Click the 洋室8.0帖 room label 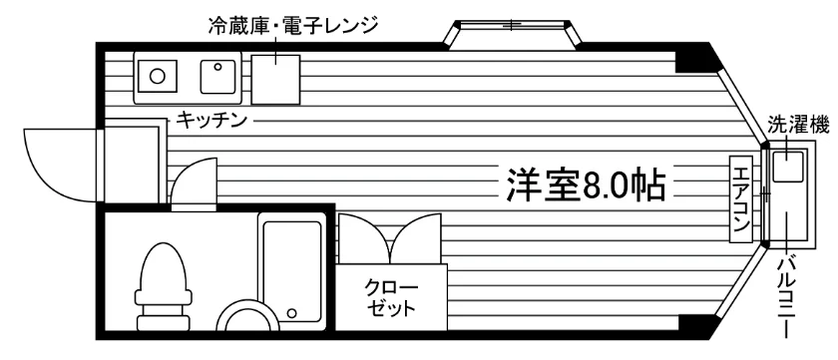(x=586, y=185)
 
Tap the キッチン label (x=211, y=120)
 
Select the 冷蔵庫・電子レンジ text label (x=293, y=25)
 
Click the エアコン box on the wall (x=741, y=198)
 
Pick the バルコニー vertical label (x=787, y=296)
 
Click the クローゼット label (x=391, y=298)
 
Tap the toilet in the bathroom (x=164, y=286)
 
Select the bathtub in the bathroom (x=291, y=271)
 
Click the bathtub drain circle (x=291, y=313)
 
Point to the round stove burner (x=157, y=77)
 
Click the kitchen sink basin (x=218, y=77)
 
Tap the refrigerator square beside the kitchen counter (x=275, y=79)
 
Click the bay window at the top (x=513, y=35)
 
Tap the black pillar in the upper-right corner (x=697, y=58)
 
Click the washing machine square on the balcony (x=789, y=167)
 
